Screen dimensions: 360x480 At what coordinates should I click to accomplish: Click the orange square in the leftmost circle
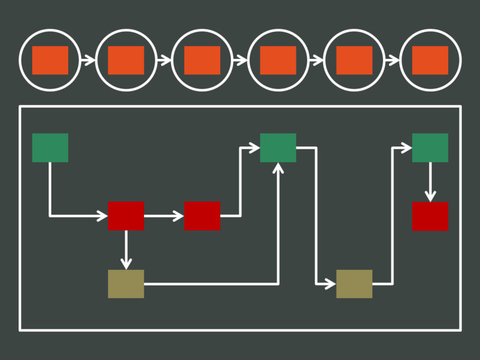(50, 60)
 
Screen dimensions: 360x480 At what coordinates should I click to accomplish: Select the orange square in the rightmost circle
(430, 60)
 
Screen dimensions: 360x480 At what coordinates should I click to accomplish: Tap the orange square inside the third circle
(202, 60)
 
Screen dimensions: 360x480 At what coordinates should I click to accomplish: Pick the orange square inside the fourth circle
(278, 60)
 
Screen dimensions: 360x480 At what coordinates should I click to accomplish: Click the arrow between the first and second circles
(88, 60)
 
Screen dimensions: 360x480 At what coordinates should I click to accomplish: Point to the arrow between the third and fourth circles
(240, 60)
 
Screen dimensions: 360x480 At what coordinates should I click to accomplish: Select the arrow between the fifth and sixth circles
(392, 60)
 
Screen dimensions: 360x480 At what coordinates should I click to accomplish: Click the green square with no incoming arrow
(50, 148)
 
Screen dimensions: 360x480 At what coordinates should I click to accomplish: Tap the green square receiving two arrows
(278, 148)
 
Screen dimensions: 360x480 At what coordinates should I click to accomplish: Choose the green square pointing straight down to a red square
(430, 148)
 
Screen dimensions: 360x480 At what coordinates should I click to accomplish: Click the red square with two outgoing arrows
(126, 215)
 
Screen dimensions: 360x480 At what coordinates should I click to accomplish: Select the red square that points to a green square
(202, 215)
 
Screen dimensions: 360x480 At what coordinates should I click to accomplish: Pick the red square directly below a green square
(430, 216)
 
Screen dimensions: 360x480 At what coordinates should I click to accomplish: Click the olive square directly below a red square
(126, 284)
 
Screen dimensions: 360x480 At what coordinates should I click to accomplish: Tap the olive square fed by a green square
(354, 284)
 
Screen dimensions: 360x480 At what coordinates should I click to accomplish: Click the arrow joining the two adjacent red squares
(164, 215)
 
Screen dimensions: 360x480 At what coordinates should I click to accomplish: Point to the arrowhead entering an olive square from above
(126, 264)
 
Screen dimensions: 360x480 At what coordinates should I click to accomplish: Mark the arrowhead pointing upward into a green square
(278, 168)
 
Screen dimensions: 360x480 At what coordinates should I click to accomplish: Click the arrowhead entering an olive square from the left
(330, 284)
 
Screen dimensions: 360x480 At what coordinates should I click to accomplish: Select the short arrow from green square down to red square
(430, 182)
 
